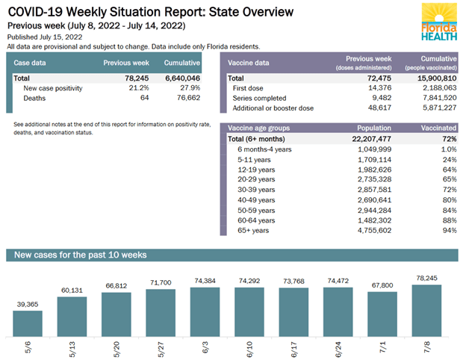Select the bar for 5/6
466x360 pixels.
28,323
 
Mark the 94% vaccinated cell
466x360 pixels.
449,230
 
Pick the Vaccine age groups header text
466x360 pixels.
261,128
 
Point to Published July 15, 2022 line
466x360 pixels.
45,37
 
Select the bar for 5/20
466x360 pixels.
116,312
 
